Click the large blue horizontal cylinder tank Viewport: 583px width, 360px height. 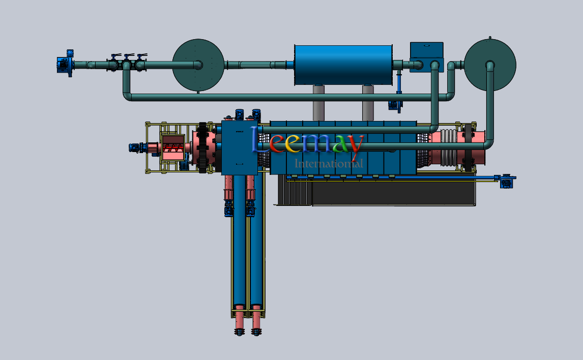[x=343, y=66]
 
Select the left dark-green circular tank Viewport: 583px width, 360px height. [x=198, y=65]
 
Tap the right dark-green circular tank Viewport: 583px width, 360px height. [x=490, y=65]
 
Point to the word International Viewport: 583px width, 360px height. [x=329, y=163]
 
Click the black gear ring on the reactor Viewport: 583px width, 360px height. [x=202, y=147]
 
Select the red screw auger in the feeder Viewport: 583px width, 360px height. [x=173, y=148]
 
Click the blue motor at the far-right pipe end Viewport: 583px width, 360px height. [x=506, y=181]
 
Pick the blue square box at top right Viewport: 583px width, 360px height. [x=427, y=56]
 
